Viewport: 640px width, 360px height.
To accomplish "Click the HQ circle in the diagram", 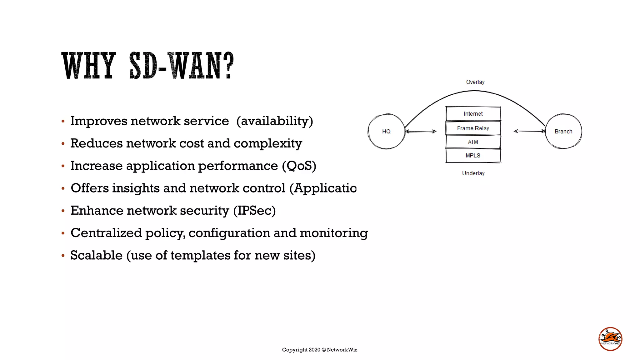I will pyautogui.click(x=386, y=131).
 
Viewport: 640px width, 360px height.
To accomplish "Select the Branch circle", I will pyautogui.click(x=563, y=131).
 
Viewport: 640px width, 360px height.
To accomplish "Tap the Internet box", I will pyautogui.click(x=473, y=114).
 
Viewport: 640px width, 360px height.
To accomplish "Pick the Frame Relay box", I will pyautogui.click(x=473, y=128).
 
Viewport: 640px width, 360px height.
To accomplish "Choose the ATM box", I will pyautogui.click(x=473, y=142).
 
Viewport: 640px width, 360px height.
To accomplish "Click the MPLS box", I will pyautogui.click(x=473, y=156).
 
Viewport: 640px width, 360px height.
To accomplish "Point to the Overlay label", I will pyautogui.click(x=475, y=82).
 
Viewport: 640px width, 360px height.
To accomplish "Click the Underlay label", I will pyautogui.click(x=473, y=173).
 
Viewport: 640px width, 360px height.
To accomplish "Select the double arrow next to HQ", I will pyautogui.click(x=421, y=132).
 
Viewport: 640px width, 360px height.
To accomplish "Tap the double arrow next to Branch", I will pyautogui.click(x=529, y=131).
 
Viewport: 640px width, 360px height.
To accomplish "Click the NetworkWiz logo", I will pyautogui.click(x=610, y=339).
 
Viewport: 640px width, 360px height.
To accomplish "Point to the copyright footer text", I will pyautogui.click(x=319, y=350).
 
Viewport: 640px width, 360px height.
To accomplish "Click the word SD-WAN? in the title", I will pyautogui.click(x=181, y=66).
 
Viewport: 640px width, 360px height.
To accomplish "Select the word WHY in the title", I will pyautogui.click(x=89, y=66).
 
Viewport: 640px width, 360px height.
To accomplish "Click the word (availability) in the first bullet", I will pyautogui.click(x=274, y=121).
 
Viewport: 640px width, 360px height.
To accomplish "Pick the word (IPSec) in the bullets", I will pyautogui.click(x=254, y=211).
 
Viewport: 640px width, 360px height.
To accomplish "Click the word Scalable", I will pyautogui.click(x=96, y=255).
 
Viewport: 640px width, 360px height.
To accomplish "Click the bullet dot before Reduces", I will pyautogui.click(x=63, y=144).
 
